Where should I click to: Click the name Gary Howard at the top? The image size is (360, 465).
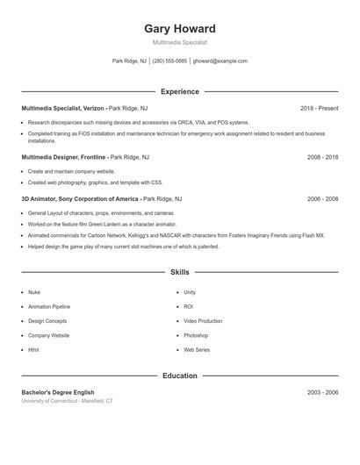tap(179, 27)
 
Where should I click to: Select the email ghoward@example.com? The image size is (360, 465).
tap(220, 61)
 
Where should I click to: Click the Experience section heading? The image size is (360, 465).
tap(179, 91)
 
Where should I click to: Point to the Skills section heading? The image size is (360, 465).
tap(179, 273)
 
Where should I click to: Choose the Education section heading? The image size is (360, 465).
tap(179, 376)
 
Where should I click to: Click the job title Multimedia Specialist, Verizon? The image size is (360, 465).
tap(62, 108)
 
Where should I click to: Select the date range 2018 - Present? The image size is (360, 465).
tap(319, 108)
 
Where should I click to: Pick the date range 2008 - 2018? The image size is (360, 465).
tap(322, 157)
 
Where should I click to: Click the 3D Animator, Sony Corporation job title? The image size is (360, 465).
tap(80, 199)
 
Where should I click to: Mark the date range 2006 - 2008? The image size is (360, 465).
tap(322, 199)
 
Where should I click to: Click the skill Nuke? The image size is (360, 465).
tap(34, 292)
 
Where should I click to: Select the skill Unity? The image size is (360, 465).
tap(190, 292)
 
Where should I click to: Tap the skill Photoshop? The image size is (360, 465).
tap(196, 335)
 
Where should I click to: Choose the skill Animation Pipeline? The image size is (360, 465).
tap(49, 306)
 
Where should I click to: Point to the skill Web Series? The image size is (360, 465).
tap(197, 349)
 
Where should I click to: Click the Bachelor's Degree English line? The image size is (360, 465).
tap(58, 392)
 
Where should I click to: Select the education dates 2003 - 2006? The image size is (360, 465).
tap(322, 392)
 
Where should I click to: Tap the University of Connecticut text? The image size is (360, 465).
tap(67, 401)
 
